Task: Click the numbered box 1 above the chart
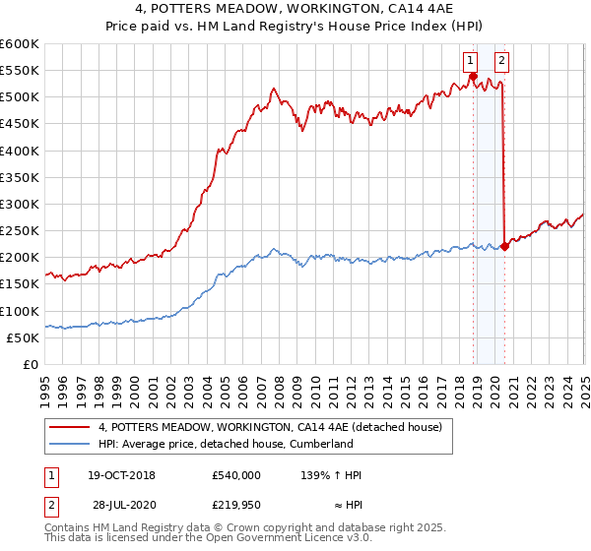(473, 60)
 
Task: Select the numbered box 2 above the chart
(501, 60)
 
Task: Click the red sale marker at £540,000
(473, 77)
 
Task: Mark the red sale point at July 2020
(505, 246)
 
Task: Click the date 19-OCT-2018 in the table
(122, 474)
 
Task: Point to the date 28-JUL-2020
(122, 504)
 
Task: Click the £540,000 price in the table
(236, 474)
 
